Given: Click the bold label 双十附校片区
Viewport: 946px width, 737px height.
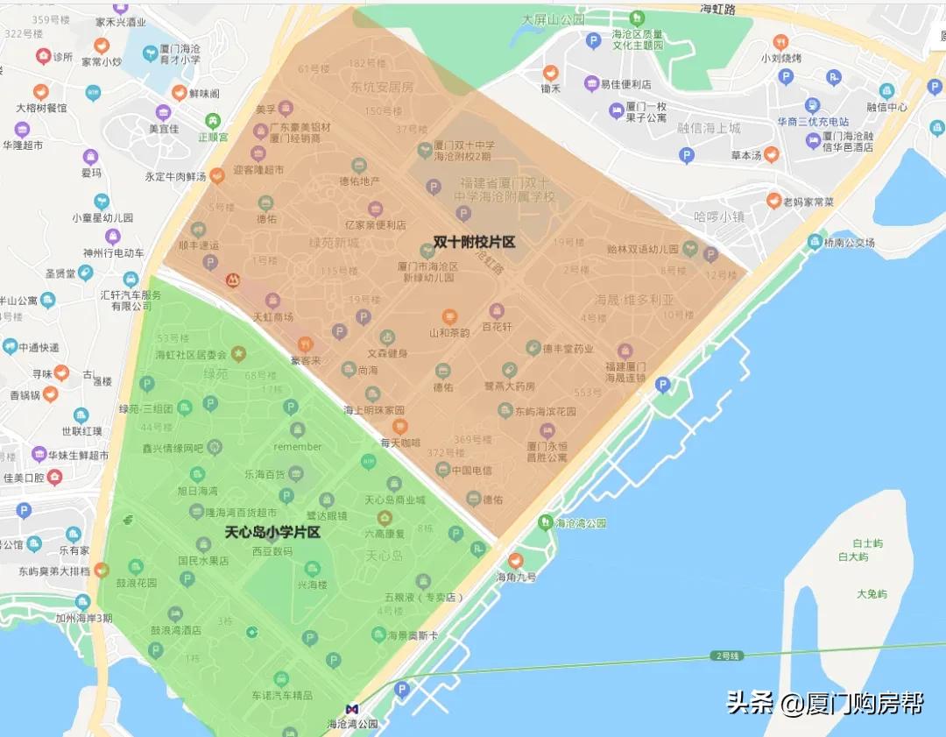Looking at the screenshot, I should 474,241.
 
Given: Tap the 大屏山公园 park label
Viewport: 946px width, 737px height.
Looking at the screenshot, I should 553,18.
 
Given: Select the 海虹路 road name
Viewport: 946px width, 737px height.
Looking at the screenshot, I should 719,10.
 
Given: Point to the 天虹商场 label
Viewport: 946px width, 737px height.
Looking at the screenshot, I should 272,316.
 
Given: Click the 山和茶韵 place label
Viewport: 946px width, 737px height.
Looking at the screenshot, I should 449,332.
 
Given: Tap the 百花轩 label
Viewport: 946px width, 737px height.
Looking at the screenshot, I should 497,326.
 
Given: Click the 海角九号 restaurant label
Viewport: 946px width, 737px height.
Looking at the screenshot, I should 516,577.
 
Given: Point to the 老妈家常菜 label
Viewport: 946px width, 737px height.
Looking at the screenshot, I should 808,202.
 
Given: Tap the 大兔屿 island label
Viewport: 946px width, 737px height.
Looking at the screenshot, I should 871,593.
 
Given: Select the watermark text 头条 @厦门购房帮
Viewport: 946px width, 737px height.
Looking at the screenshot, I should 824,703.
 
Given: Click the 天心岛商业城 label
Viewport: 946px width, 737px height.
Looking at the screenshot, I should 395,499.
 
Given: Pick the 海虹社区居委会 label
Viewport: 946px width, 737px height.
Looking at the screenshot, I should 191,355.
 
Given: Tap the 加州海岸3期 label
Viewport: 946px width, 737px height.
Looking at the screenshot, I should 83,618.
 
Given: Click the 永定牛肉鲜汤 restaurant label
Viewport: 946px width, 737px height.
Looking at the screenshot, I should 176,177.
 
